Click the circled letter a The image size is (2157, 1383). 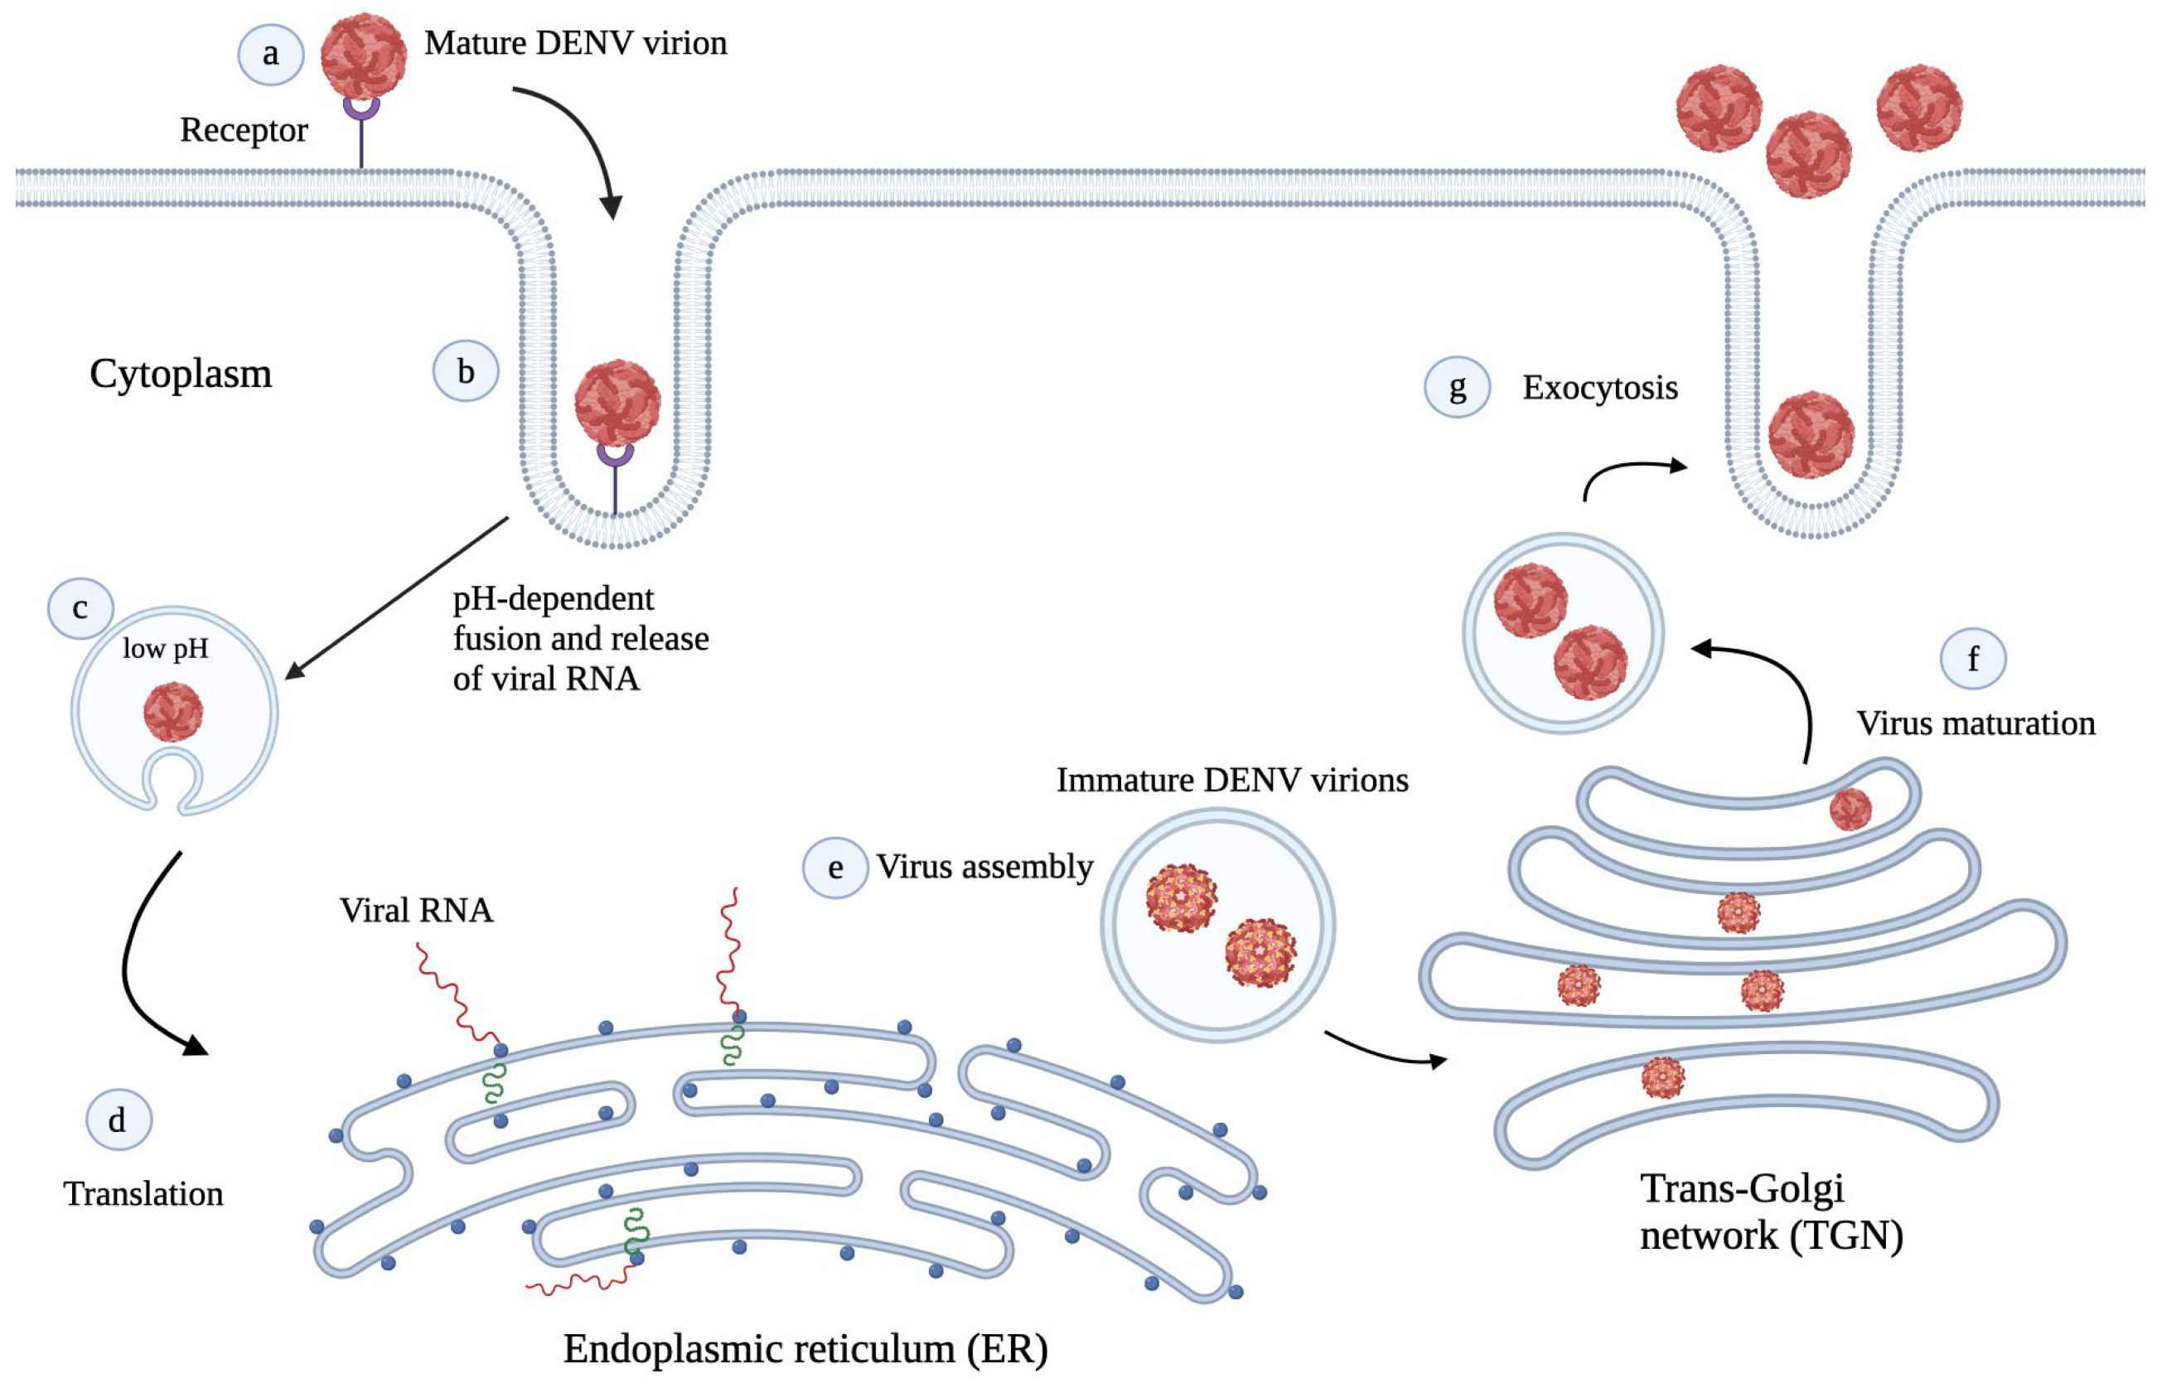pos(270,55)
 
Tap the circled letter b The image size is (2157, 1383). pos(465,371)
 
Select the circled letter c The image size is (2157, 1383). pos(80,609)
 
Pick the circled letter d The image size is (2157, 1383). pos(118,1119)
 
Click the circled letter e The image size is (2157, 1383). pos(835,868)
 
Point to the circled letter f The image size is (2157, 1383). pos(1973,658)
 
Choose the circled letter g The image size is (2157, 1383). pos(1458,388)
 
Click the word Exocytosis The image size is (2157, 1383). pos(1599,388)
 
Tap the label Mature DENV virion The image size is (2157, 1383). pos(575,43)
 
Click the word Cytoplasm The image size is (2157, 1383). pos(181,373)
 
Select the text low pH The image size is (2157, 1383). pos(165,648)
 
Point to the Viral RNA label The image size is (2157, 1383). pos(416,911)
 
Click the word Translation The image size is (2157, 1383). pos(143,1193)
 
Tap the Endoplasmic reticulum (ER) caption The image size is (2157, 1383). pos(805,1348)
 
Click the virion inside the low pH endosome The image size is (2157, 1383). pos(173,711)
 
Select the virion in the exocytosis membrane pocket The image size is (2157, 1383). pos(1811,435)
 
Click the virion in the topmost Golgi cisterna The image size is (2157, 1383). pos(1850,809)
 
